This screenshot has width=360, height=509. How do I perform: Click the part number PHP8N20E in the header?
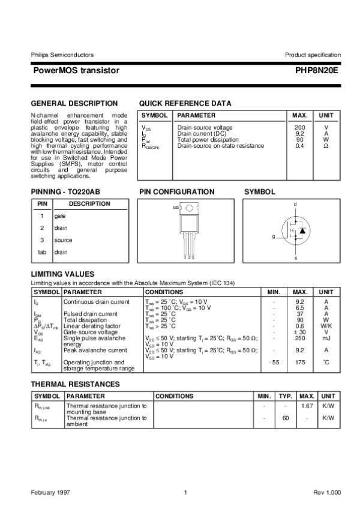point(317,70)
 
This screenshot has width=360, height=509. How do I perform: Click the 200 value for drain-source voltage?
point(299,128)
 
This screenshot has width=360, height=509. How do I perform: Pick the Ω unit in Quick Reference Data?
point(326,146)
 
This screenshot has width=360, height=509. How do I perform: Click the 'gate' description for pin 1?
point(60,215)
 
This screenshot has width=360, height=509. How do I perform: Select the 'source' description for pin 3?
point(63,240)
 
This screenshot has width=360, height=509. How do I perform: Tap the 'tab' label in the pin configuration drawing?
point(176,207)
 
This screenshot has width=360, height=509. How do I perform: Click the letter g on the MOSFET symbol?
point(273,237)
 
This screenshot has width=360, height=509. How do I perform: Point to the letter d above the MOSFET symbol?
point(295,205)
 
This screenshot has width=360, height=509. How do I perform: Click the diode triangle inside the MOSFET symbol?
point(303,230)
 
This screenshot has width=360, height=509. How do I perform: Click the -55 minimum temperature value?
point(274,363)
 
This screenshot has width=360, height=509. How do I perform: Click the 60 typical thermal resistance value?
point(286,418)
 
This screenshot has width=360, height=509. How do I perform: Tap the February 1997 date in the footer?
point(50,493)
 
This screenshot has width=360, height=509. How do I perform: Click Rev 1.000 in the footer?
point(327,493)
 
